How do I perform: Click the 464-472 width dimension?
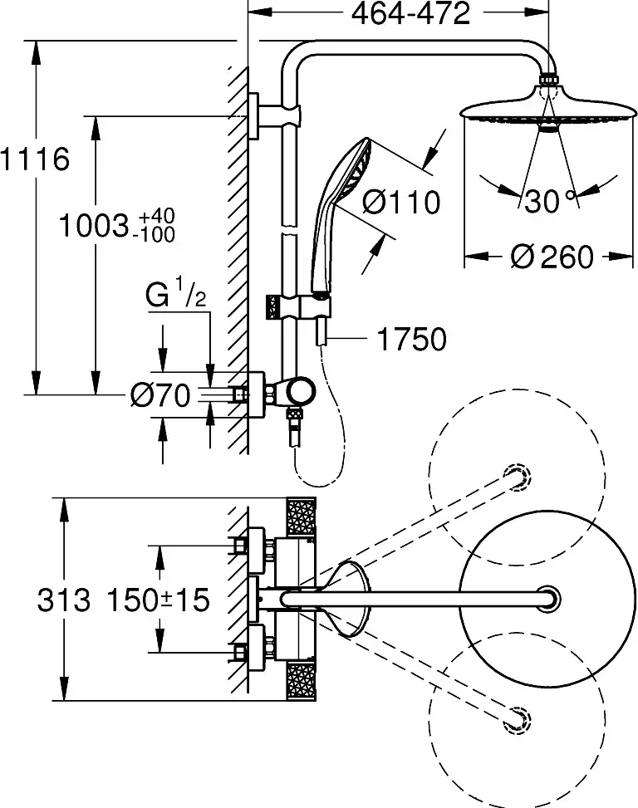(x=400, y=13)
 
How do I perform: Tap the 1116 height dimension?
(x=33, y=159)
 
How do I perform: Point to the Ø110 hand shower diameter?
(x=402, y=201)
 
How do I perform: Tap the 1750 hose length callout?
(x=411, y=339)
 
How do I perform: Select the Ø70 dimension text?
(x=160, y=396)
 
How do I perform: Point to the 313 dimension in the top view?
(x=63, y=600)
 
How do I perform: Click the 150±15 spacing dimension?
(x=158, y=600)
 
